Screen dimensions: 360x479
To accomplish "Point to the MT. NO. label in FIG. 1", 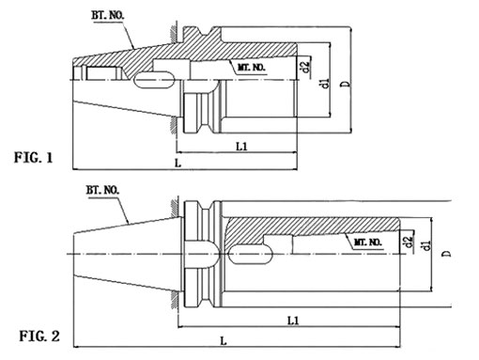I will click(x=249, y=70).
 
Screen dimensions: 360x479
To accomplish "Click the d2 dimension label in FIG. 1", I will click(x=305, y=67).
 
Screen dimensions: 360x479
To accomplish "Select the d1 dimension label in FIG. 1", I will click(x=323, y=85).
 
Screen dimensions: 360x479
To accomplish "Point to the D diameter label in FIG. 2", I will click(x=447, y=254).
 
